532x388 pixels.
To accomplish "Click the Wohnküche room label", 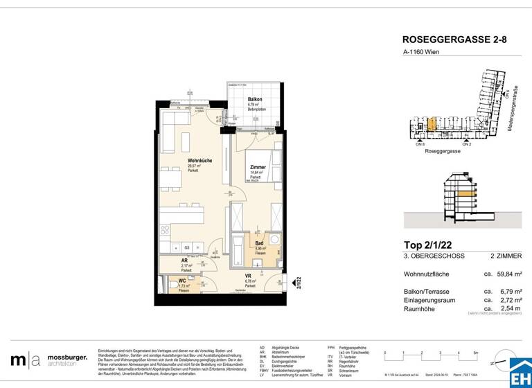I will [199, 161].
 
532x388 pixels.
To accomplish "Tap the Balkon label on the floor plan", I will [255, 100].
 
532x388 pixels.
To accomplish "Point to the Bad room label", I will [259, 243].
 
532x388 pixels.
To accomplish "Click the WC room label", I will [181, 281].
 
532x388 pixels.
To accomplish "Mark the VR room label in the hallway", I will [248, 276].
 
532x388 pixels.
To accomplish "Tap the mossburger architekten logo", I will [49, 360].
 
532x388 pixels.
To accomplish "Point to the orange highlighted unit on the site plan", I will [431, 125].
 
